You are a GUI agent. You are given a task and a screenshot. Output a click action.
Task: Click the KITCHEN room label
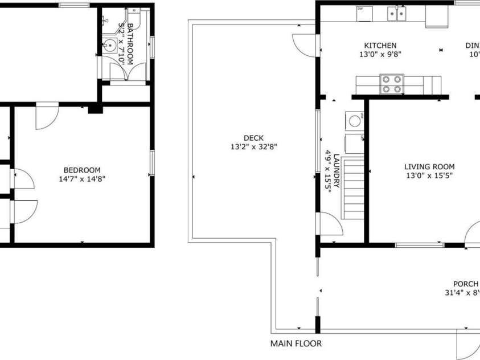(380, 46)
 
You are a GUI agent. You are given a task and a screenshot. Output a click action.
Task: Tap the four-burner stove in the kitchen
(392, 84)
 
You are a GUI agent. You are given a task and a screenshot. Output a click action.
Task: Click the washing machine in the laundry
(355, 120)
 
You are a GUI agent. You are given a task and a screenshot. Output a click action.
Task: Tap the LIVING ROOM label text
(429, 167)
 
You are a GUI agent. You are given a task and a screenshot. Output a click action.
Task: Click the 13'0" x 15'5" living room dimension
(429, 176)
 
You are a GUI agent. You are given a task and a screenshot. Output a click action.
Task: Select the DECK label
(253, 138)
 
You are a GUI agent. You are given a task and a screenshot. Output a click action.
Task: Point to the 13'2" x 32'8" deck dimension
(253, 147)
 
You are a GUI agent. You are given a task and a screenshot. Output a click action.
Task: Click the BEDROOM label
(82, 170)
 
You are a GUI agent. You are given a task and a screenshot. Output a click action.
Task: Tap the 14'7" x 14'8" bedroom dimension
(82, 179)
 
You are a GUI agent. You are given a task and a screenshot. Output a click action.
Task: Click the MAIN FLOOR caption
(296, 343)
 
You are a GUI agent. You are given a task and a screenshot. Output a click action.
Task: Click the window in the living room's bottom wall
(420, 245)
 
